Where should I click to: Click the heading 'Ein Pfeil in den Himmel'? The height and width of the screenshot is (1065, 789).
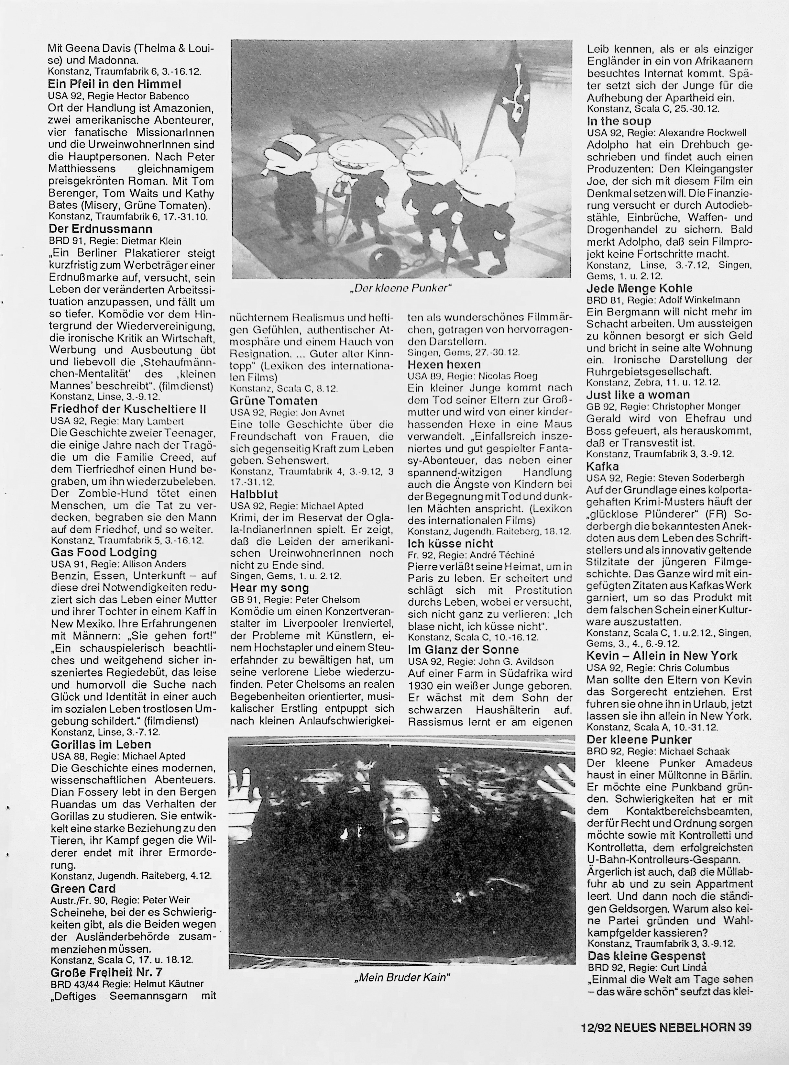coord(115,84)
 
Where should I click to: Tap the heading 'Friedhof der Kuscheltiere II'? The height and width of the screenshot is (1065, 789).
coord(128,409)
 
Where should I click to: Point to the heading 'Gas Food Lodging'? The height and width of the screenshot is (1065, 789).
coord(104,553)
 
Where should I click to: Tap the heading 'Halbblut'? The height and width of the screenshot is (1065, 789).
coord(254,494)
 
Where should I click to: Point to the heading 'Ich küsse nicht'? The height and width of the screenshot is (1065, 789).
coord(450,544)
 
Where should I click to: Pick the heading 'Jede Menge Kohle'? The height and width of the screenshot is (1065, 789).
coord(639,288)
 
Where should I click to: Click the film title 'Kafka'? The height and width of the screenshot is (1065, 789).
coord(602,466)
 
